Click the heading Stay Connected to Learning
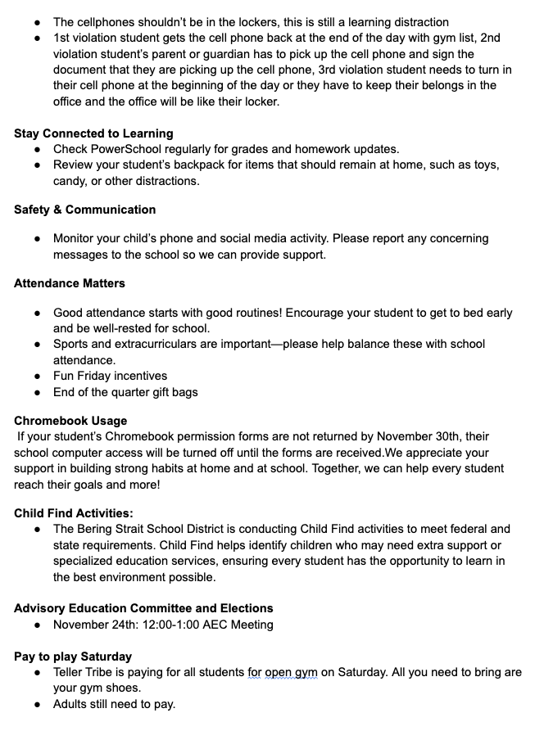tap(93, 133)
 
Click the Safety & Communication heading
tap(84, 210)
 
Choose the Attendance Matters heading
tap(70, 283)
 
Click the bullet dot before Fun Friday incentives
tap(38, 377)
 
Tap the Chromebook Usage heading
tap(70, 421)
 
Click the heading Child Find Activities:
tap(73, 513)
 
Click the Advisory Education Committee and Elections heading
tap(143, 608)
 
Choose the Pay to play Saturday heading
tap(73, 657)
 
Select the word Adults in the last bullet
tap(72, 704)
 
